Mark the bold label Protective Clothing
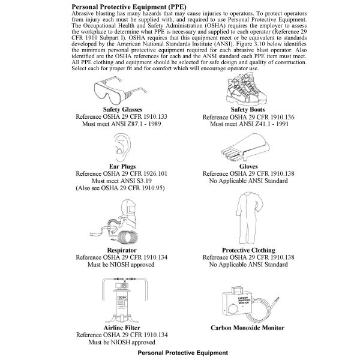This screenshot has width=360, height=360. [x=248, y=250]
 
